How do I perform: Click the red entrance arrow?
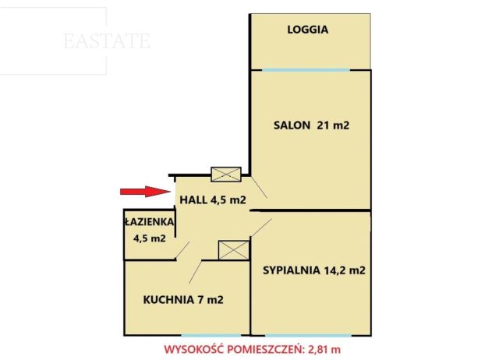(x=144, y=192)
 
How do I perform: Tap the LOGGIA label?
(x=308, y=30)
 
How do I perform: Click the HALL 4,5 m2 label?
(x=213, y=200)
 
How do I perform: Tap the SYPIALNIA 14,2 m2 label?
(x=314, y=271)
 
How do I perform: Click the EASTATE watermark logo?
(x=107, y=41)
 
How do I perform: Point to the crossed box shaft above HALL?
(x=226, y=175)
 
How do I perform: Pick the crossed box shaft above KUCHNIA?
(x=232, y=249)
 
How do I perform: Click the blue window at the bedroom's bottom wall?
(x=310, y=335)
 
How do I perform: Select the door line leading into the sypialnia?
(x=261, y=228)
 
